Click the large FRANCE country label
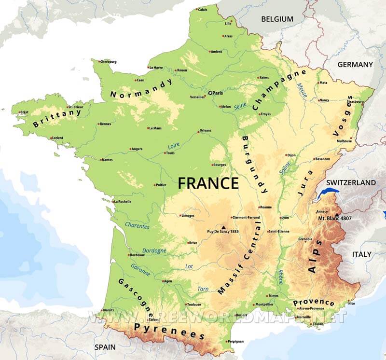pos(208,183)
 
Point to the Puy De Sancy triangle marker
pos(223,226)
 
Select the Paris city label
pos(217,92)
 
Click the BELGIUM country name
pos(277,19)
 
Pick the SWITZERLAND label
pos(351,183)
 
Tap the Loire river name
pos(173,146)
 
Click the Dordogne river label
pos(154,250)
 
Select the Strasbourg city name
pos(356,102)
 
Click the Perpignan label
pos(236,341)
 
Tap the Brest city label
pos(24,112)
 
